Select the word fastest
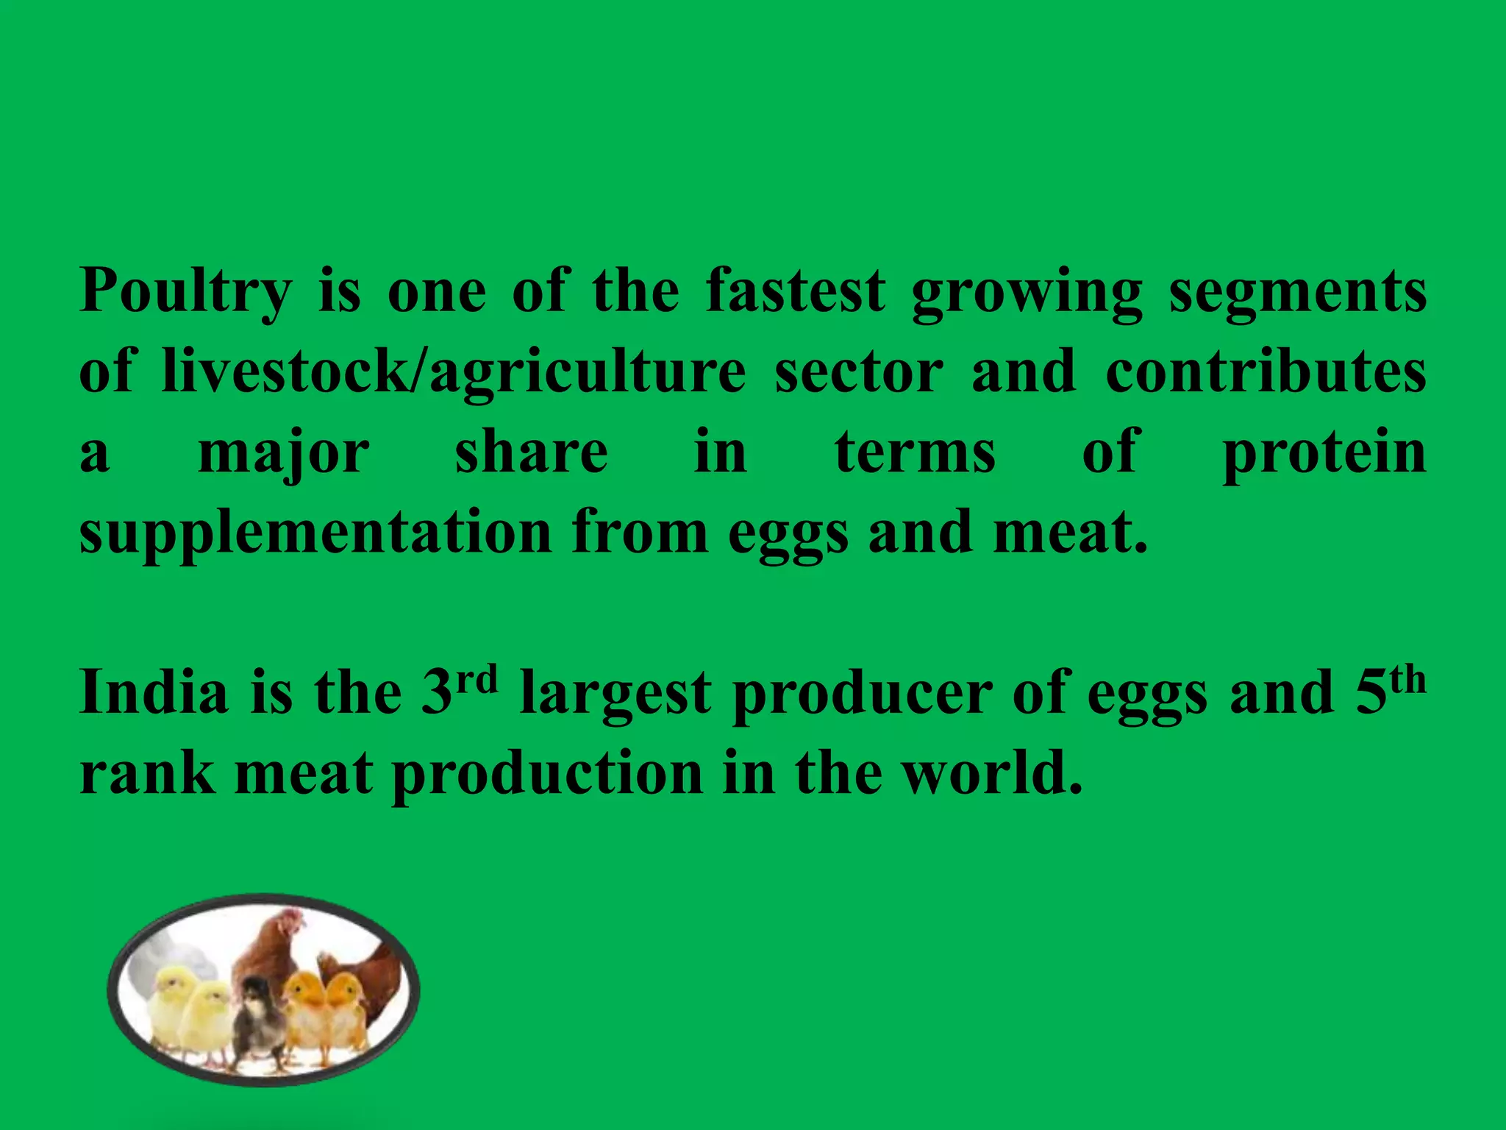click(796, 291)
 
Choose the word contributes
click(1266, 372)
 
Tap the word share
click(532, 452)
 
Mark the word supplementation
click(315, 533)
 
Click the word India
click(154, 692)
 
